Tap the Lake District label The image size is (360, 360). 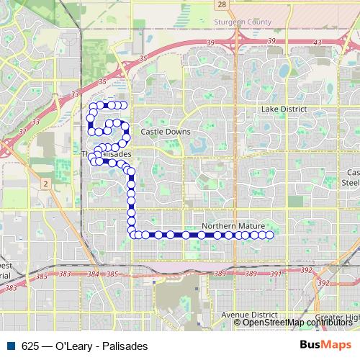click(284, 109)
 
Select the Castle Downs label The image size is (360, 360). click(166, 132)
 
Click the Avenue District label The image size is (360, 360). click(249, 315)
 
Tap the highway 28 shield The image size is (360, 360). click(222, 4)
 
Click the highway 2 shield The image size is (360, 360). click(45, 185)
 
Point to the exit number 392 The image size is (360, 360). click(306, 271)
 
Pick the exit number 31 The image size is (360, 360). click(24, 131)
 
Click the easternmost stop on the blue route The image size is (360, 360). click(270, 235)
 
